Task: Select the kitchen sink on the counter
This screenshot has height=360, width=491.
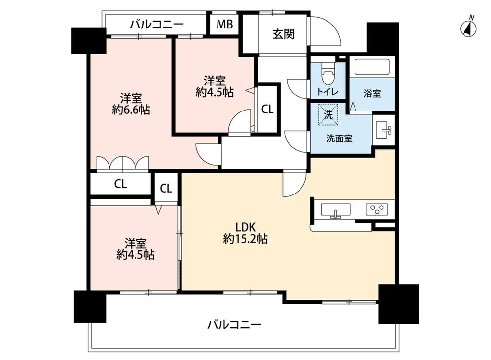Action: click(336, 210)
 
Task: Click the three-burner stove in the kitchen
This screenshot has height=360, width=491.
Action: click(377, 209)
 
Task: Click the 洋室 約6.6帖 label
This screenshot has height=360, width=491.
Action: click(130, 103)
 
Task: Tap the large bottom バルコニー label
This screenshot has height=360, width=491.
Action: click(234, 324)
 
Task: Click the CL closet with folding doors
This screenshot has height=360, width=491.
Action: click(121, 184)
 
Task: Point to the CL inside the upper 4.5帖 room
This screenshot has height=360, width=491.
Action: click(267, 110)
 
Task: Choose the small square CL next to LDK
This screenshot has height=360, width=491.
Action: click(166, 188)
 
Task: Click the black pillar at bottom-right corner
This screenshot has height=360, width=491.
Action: click(398, 304)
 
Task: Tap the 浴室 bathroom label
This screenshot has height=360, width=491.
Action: click(372, 94)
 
